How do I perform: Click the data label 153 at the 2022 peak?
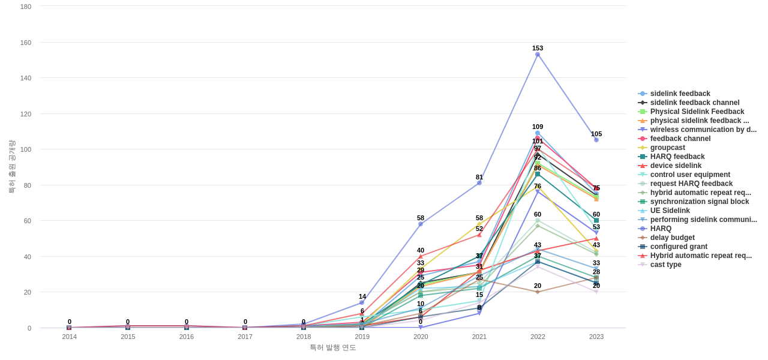point(538,48)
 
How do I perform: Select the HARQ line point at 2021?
point(479,183)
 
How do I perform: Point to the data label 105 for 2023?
point(596,134)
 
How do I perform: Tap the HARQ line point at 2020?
point(421,224)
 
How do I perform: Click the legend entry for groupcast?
point(667,148)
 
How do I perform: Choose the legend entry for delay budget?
point(672,238)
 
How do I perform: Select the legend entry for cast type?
point(665,265)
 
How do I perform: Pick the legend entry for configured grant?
point(679,247)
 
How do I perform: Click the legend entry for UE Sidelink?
point(670,211)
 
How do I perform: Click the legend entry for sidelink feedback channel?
point(694,103)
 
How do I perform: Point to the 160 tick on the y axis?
point(26,43)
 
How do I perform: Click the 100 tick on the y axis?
point(26,149)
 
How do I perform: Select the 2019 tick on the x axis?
point(362,337)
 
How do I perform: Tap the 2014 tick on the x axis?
point(70,337)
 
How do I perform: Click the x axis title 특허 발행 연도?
point(333,347)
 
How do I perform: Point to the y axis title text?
point(11,167)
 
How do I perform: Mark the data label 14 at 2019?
point(362,296)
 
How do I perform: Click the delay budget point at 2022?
point(538,292)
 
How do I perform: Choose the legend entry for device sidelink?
point(676,166)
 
